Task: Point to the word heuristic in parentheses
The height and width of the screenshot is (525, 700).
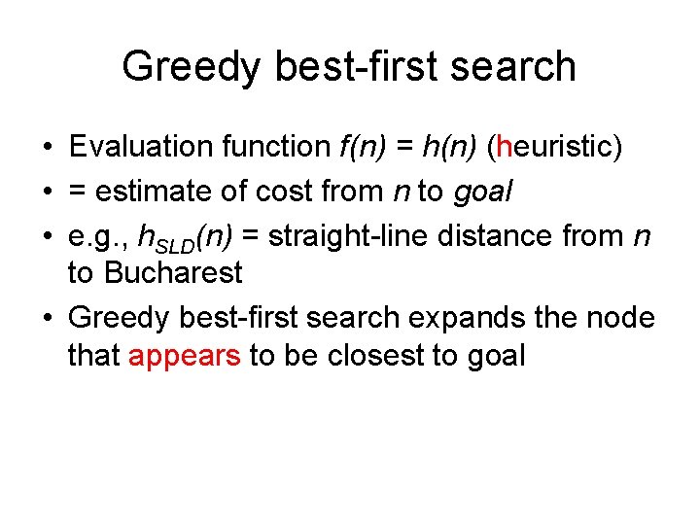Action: point(552,147)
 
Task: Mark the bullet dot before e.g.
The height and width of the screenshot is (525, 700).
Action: point(47,234)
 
